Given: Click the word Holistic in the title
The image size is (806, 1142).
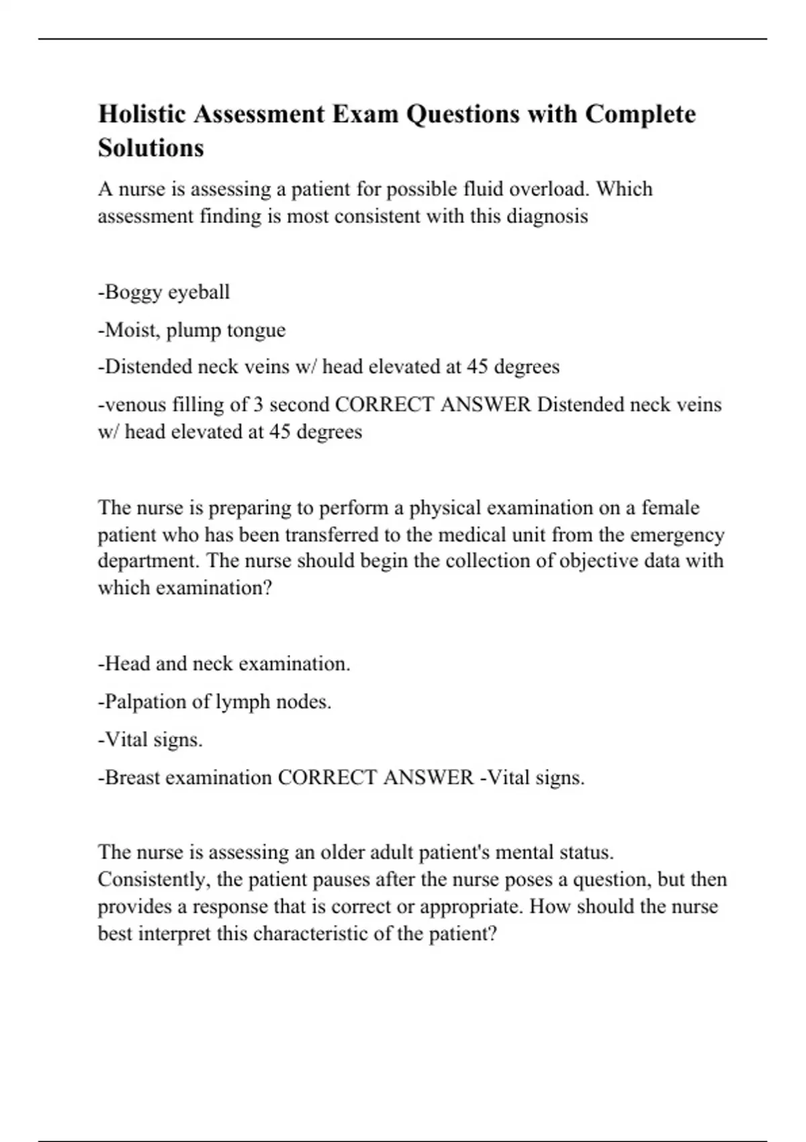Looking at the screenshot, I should pos(142,114).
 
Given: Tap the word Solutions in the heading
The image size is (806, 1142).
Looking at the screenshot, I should pos(150,148).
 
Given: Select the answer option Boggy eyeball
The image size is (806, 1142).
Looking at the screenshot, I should pos(164,292).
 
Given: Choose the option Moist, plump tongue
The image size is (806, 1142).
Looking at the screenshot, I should pos(192,330).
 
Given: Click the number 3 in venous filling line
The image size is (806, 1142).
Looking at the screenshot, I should pos(258,404).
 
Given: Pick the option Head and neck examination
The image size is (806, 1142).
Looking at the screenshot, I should pos(224,664).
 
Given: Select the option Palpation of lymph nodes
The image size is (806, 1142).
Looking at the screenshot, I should pos(215,701).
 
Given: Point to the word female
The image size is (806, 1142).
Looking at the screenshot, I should pos(670,507).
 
